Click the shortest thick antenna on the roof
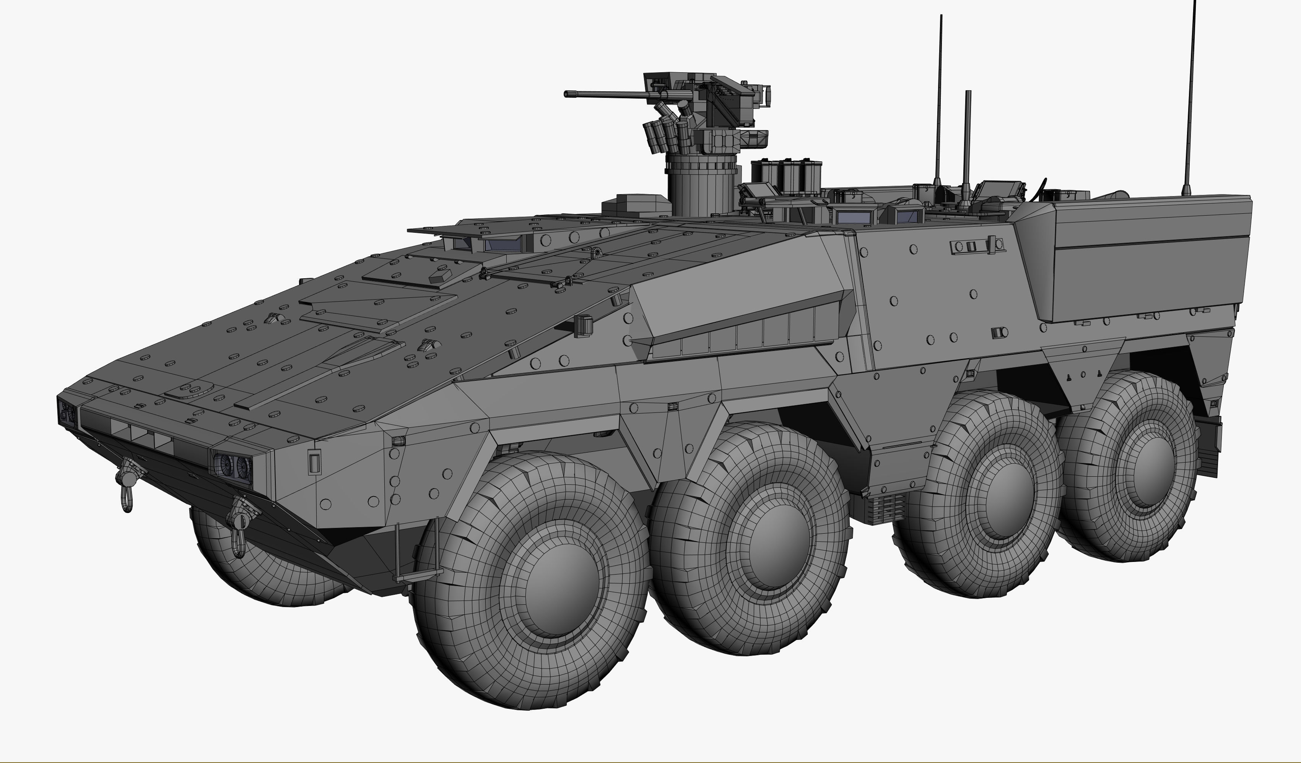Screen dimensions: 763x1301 coord(968,144)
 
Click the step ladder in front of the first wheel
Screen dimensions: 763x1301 coord(418,552)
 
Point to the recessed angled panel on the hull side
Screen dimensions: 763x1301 coord(743,330)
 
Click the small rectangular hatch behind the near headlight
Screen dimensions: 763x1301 coord(314,462)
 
